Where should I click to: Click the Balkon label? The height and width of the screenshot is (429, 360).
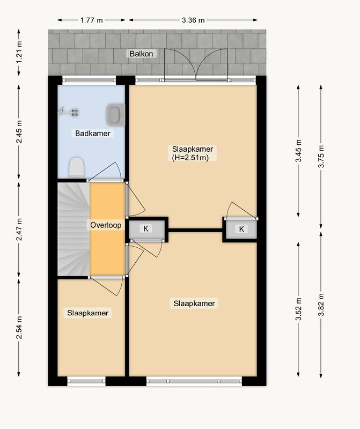(x=141, y=54)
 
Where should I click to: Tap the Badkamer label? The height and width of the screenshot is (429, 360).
(x=92, y=134)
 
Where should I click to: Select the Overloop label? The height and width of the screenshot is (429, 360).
(x=106, y=225)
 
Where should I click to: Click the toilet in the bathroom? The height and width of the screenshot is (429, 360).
(x=76, y=167)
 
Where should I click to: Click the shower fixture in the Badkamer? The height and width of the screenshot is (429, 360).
(x=69, y=112)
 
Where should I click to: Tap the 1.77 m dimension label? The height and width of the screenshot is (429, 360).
(x=91, y=20)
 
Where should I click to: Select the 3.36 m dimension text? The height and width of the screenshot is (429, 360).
(x=193, y=20)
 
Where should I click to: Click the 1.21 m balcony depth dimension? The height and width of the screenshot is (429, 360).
(x=19, y=52)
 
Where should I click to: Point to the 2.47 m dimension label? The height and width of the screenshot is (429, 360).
(x=19, y=230)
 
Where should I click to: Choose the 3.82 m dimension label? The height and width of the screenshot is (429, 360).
(x=321, y=305)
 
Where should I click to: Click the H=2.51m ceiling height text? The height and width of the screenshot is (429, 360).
(x=190, y=158)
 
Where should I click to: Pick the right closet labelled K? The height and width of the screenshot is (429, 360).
(x=241, y=229)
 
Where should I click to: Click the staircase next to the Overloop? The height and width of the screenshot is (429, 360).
(x=74, y=229)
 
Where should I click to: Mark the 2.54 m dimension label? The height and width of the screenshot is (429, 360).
(x=19, y=327)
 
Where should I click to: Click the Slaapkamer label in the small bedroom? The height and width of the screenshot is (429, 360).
(x=88, y=313)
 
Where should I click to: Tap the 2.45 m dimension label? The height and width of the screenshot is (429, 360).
(x=19, y=131)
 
